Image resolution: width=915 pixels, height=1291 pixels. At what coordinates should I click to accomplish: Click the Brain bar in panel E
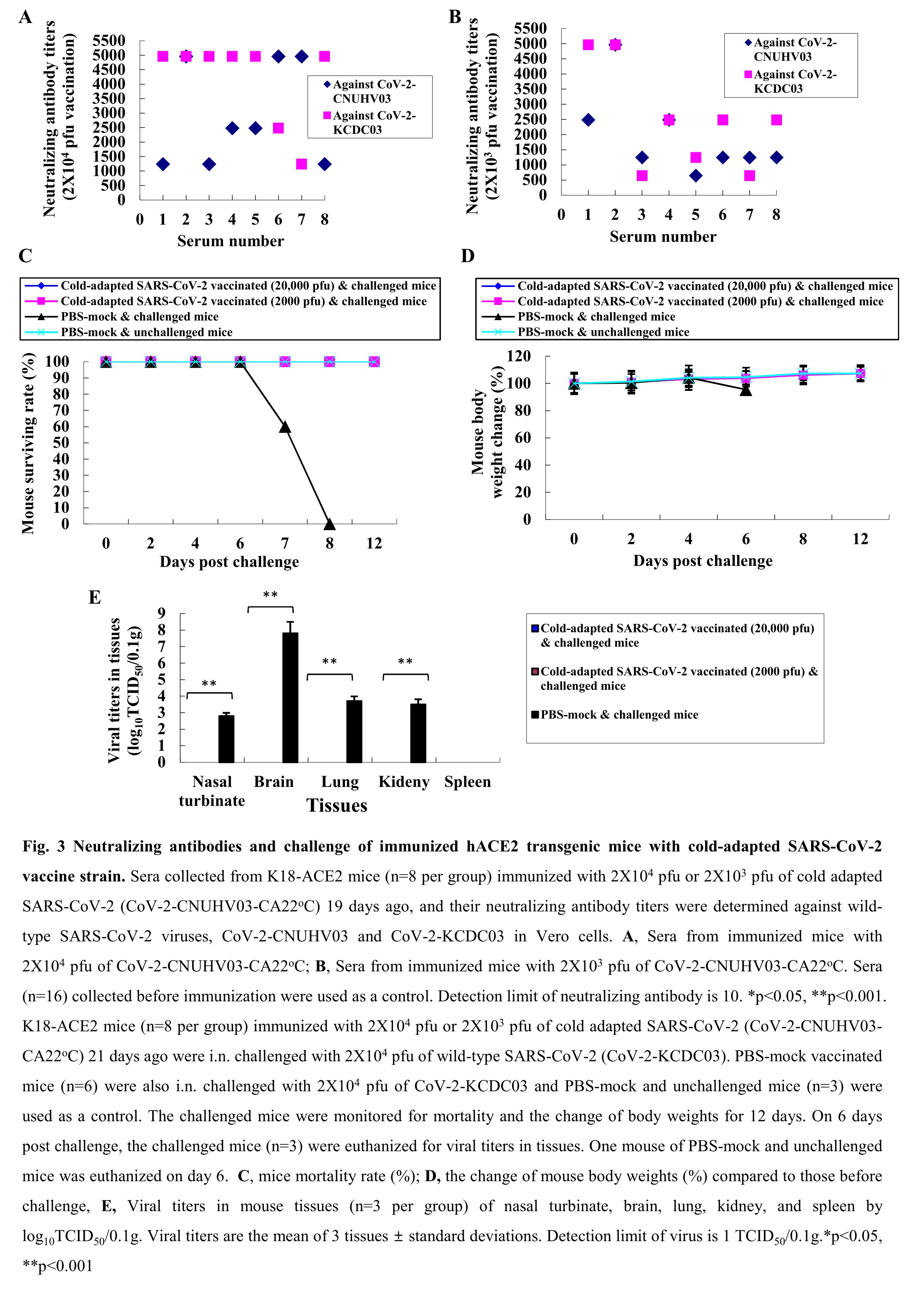(290, 697)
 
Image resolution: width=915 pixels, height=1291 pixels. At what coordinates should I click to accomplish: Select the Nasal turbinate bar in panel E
(227, 739)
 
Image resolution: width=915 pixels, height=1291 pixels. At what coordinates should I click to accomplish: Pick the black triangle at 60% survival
(285, 427)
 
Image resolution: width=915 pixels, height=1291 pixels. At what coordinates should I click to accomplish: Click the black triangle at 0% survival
(330, 524)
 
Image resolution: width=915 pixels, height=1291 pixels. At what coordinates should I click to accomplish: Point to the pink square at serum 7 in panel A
(301, 164)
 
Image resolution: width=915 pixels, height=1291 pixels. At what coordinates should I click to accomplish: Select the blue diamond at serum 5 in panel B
(696, 176)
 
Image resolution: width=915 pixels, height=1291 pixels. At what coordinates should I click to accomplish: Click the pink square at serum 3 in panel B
(642, 176)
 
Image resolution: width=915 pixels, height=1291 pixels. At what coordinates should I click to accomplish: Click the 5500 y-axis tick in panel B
(531, 28)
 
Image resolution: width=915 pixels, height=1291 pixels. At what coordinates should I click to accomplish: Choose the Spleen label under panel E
(468, 782)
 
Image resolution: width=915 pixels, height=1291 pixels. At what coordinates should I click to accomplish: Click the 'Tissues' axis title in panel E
(337, 805)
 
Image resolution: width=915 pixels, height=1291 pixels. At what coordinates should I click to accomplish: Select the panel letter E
(95, 597)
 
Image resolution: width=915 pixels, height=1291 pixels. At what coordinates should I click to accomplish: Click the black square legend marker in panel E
(535, 715)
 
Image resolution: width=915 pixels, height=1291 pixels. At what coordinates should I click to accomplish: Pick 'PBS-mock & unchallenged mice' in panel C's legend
(146, 332)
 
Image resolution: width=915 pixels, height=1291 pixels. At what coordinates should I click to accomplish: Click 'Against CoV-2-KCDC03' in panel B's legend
(795, 82)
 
